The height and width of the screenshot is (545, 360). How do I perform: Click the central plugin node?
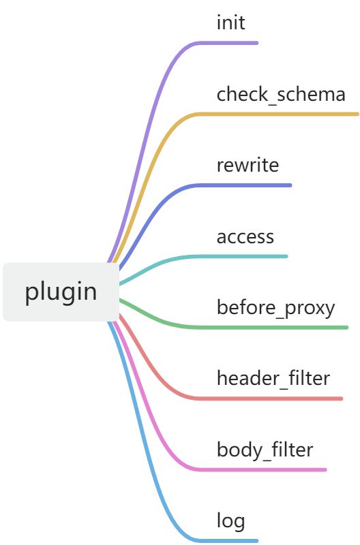point(61,292)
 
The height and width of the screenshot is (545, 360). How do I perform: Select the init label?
point(231,22)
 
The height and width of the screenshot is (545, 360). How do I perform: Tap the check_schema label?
point(281,94)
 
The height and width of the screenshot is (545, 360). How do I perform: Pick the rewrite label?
point(247,165)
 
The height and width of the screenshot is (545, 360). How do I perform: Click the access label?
point(245,237)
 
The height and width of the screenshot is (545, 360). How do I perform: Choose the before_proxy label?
point(276,309)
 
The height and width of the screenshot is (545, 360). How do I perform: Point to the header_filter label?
point(273,378)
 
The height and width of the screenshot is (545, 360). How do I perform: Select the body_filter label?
point(265,450)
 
